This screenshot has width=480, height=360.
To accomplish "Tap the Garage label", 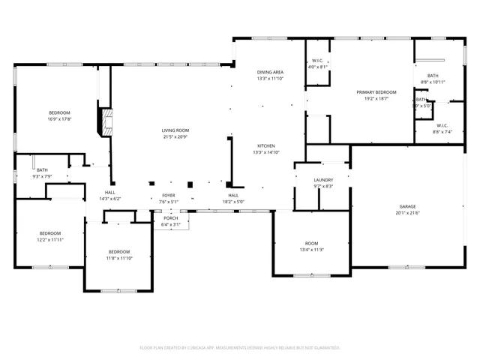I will tap(407, 205).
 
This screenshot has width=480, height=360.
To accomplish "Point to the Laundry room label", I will tap(323, 180).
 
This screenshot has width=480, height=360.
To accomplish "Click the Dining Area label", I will tap(270, 72).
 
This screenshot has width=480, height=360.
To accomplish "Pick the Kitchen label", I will tap(266, 145).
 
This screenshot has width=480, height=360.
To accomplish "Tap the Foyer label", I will tap(168, 195).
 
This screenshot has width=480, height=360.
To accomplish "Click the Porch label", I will tap(171, 218).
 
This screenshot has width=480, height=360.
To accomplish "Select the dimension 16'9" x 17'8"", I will tap(59, 118).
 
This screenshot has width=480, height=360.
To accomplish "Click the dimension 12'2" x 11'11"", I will tap(51, 239).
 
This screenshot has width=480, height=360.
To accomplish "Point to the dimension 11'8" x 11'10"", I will tap(119, 258).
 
